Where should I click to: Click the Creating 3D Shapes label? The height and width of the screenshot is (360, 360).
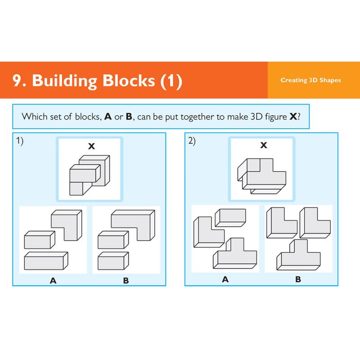click(x=310, y=81)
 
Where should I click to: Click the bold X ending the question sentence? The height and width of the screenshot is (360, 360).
click(x=293, y=117)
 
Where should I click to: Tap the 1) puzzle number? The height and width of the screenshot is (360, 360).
click(x=20, y=141)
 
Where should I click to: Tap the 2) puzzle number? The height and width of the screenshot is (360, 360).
click(x=192, y=141)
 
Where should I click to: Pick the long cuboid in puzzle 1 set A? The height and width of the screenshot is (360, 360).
click(x=46, y=260)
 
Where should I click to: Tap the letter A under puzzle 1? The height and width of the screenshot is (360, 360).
click(x=53, y=281)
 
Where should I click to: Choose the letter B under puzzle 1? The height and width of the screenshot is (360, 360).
click(x=126, y=281)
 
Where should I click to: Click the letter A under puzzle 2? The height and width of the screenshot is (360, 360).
click(x=225, y=279)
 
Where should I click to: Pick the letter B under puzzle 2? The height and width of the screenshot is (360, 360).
click(x=298, y=279)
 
